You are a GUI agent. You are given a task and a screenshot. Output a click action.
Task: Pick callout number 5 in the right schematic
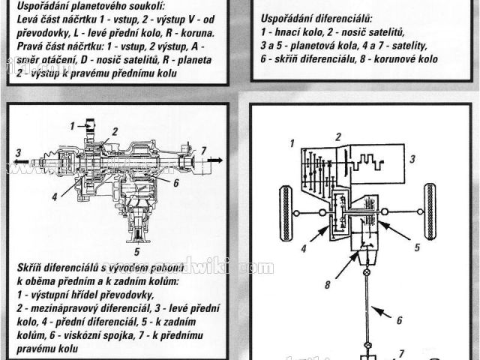click(x=416, y=244)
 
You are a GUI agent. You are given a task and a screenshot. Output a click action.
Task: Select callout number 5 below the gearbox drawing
click(x=136, y=241)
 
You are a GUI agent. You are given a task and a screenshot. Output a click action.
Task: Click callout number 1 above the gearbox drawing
click(x=73, y=123)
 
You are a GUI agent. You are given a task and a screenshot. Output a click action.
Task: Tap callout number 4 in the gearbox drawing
click(x=55, y=197)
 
